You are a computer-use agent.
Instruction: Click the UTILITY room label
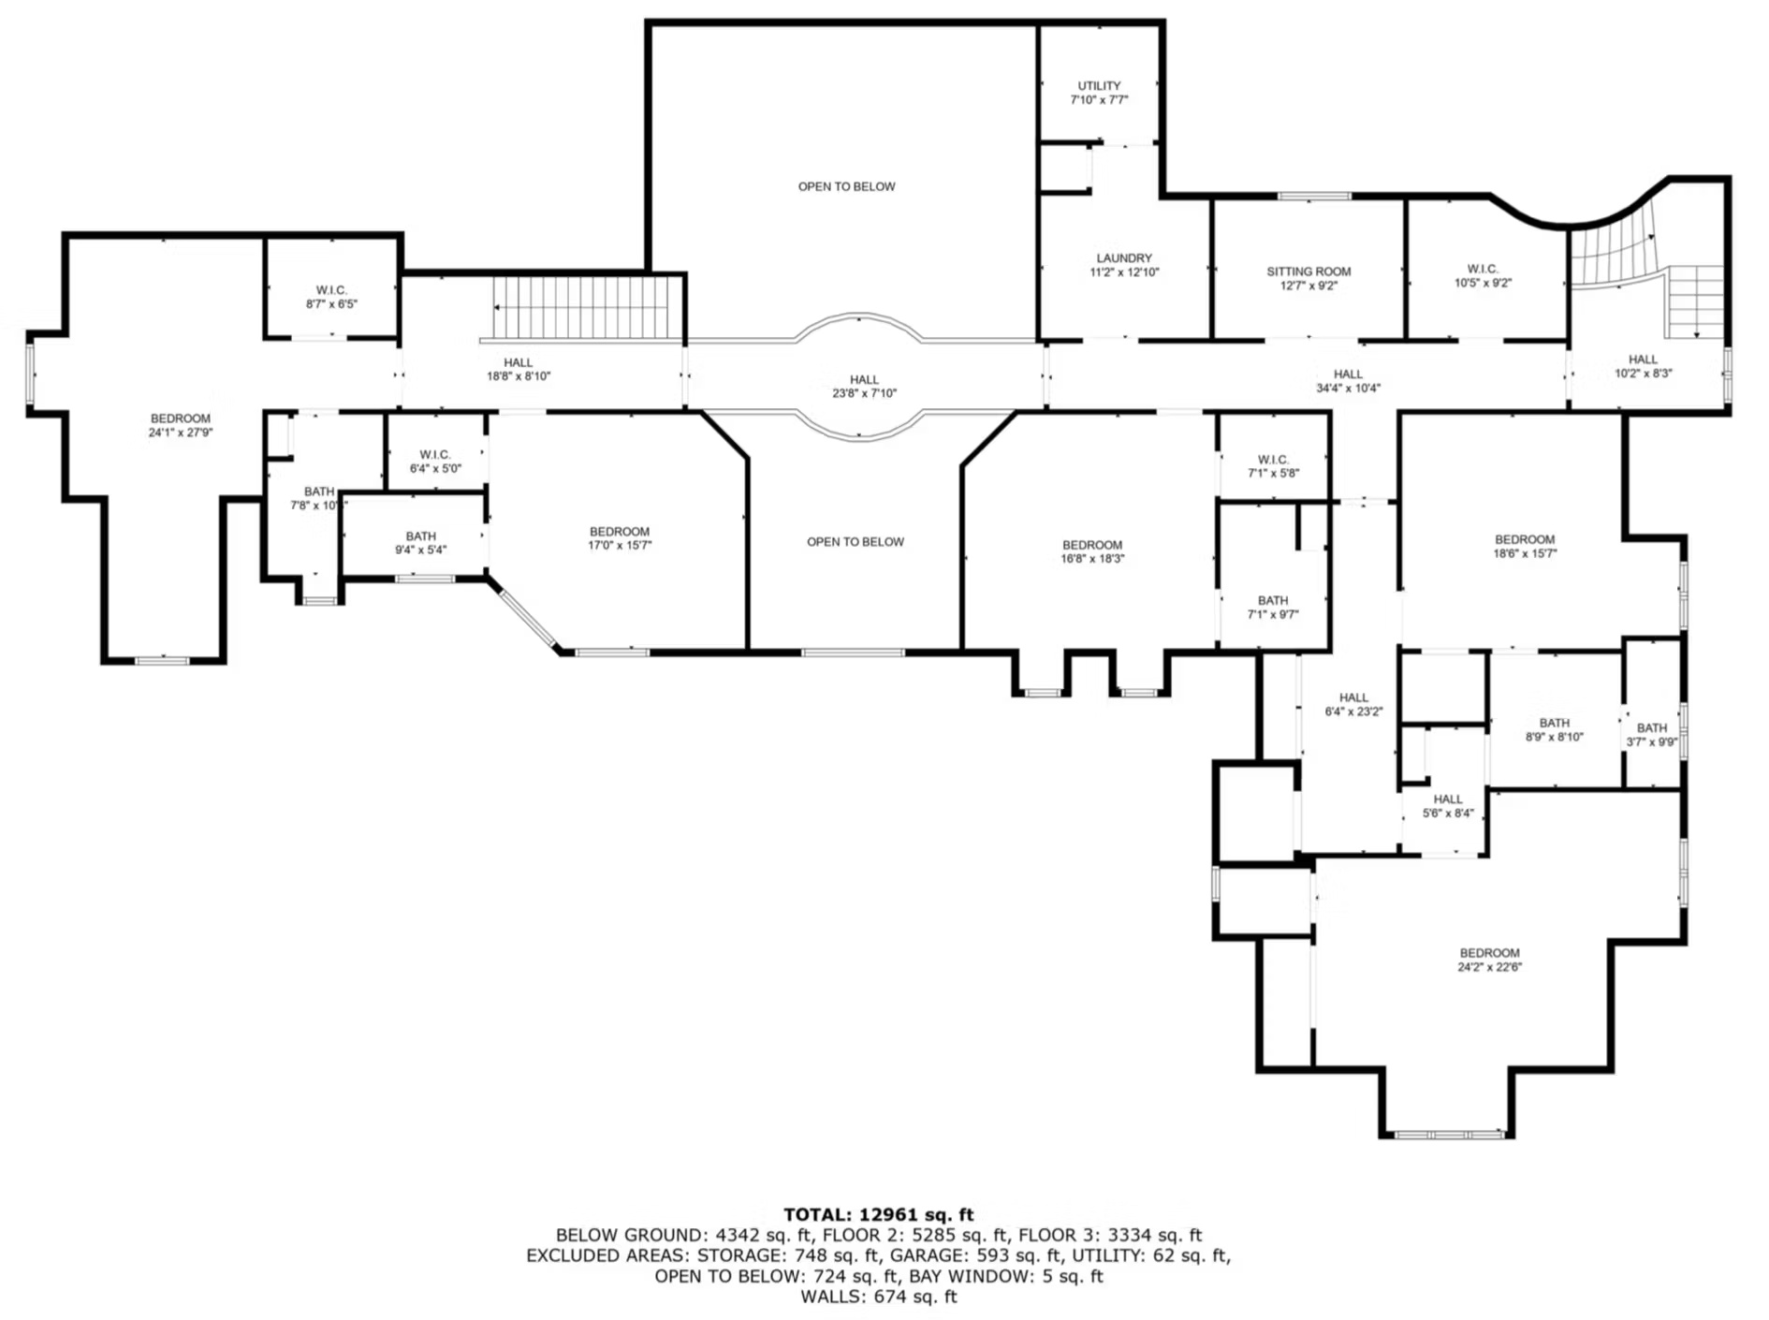tap(1099, 86)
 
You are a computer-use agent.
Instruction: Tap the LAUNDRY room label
tap(1124, 258)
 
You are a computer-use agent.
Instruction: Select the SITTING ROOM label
tap(1308, 271)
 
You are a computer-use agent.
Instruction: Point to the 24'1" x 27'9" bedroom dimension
tap(181, 433)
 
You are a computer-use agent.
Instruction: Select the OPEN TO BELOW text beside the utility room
tap(846, 186)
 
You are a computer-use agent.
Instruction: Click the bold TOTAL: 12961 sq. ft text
tap(879, 1214)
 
